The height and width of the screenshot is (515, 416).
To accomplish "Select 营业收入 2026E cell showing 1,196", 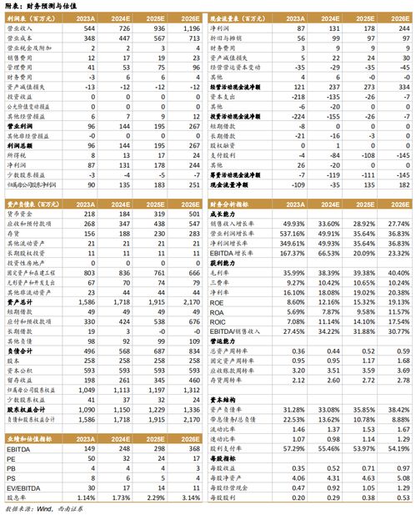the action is tap(188, 28).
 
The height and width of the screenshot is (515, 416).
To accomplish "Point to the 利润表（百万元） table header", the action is tap(33, 17).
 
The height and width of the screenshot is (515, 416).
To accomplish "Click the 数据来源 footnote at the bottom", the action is tap(42, 508).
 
